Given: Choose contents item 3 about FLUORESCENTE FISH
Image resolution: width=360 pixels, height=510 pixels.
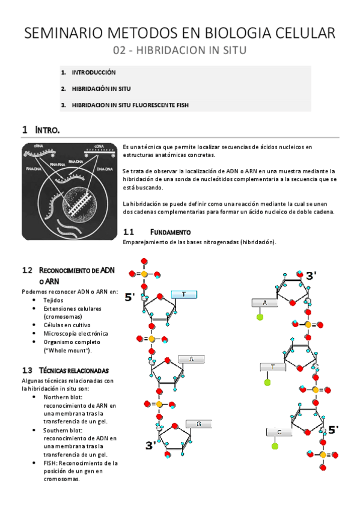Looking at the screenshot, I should coord(130,105).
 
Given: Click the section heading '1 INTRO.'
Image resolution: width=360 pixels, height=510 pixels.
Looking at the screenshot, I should coord(41,130).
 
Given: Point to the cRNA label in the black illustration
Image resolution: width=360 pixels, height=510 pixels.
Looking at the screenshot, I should coord(38,146).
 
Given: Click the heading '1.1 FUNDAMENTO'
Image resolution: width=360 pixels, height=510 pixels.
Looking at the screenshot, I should coord(157,232).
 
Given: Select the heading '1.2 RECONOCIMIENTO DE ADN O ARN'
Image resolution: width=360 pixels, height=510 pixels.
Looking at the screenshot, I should coord(68,275).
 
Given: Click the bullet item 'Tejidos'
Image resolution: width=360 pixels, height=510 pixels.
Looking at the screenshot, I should coord(53,300).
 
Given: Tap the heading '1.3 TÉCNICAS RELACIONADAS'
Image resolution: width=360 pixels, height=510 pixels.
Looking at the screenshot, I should coord(65,370).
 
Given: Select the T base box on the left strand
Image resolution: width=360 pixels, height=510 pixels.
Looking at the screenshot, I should coord(184,294).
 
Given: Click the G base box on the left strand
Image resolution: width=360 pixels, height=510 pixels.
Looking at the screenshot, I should coord(198,424).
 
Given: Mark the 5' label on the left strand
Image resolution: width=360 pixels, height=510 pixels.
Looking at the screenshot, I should coord(130,297).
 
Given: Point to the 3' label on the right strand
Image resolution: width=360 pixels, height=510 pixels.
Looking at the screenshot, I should coord(311,276).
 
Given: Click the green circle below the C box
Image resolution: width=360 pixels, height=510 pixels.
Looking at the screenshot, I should coord(275,446).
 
